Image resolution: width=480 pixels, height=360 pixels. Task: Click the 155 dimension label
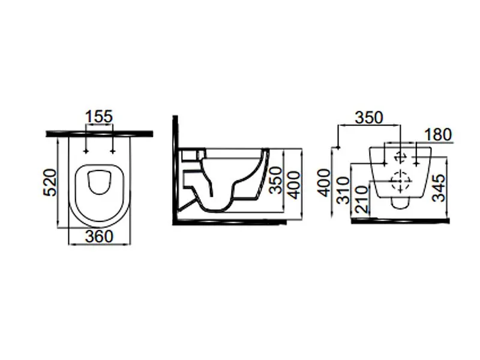(99, 116)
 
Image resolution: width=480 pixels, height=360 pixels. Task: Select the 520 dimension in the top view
(50, 182)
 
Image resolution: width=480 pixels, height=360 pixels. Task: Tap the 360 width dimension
(99, 236)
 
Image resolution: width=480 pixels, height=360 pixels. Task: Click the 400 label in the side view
(294, 185)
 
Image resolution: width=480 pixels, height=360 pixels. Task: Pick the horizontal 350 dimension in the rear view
(369, 118)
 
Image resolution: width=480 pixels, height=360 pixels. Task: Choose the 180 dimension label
(438, 134)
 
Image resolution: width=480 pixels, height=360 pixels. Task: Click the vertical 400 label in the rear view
(324, 183)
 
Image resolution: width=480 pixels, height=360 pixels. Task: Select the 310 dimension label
(343, 190)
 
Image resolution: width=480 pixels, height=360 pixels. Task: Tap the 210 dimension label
(361, 200)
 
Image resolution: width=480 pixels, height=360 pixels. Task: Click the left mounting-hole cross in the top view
(86, 151)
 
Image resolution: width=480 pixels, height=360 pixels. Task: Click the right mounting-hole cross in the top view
(113, 151)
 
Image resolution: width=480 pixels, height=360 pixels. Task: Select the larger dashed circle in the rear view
(401, 181)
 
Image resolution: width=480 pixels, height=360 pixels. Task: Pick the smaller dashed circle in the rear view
(400, 157)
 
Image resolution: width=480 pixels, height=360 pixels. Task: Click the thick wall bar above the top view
(100, 134)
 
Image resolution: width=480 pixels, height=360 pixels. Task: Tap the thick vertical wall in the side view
(175, 170)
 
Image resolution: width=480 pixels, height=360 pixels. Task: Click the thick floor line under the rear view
(400, 221)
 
